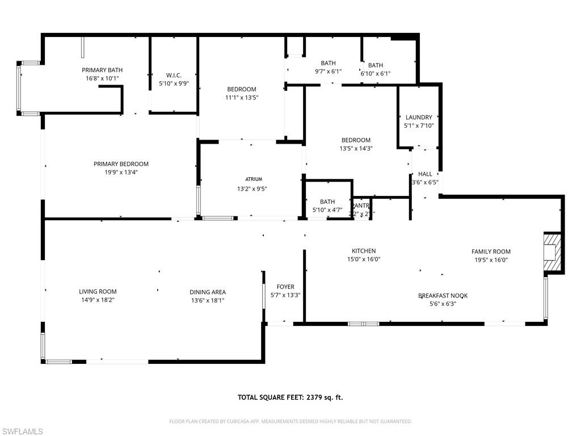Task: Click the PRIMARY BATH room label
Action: pos(102,70)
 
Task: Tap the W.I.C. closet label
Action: pos(174,75)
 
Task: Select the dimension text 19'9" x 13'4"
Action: pos(121,172)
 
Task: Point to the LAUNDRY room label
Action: pos(419,118)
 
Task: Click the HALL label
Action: pos(425,174)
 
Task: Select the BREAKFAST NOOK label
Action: pos(443,296)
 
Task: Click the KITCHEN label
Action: pos(364,251)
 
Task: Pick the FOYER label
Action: pos(285,287)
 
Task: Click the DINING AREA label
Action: pos(208,292)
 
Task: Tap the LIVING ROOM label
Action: pos(98,292)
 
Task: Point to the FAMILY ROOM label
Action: pos(491,251)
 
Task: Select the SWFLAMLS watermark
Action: pos(22,431)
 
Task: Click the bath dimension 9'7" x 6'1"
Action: pos(328,72)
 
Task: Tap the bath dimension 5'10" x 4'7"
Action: pos(327,209)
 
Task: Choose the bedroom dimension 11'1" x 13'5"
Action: pos(242,97)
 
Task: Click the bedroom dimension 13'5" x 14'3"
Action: pos(356,148)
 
